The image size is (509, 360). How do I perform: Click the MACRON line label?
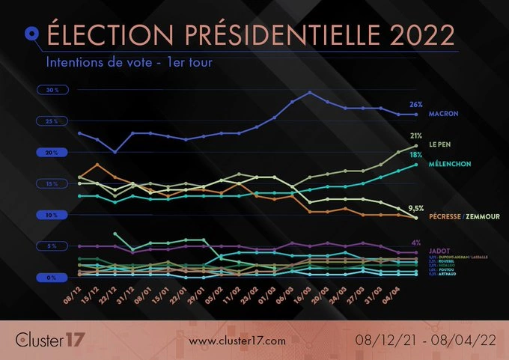(443, 115)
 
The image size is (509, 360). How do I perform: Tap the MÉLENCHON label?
(449, 162)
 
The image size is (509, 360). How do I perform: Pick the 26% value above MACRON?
(416, 104)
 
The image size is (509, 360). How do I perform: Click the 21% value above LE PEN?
(416, 135)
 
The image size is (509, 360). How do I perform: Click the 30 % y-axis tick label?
(52, 90)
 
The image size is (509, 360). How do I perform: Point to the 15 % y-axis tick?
(52, 183)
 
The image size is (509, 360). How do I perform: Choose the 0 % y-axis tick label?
(52, 278)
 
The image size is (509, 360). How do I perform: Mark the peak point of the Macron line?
(310, 93)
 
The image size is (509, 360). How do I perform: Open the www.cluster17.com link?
(237, 341)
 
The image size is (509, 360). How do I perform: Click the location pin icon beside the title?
(31, 33)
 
